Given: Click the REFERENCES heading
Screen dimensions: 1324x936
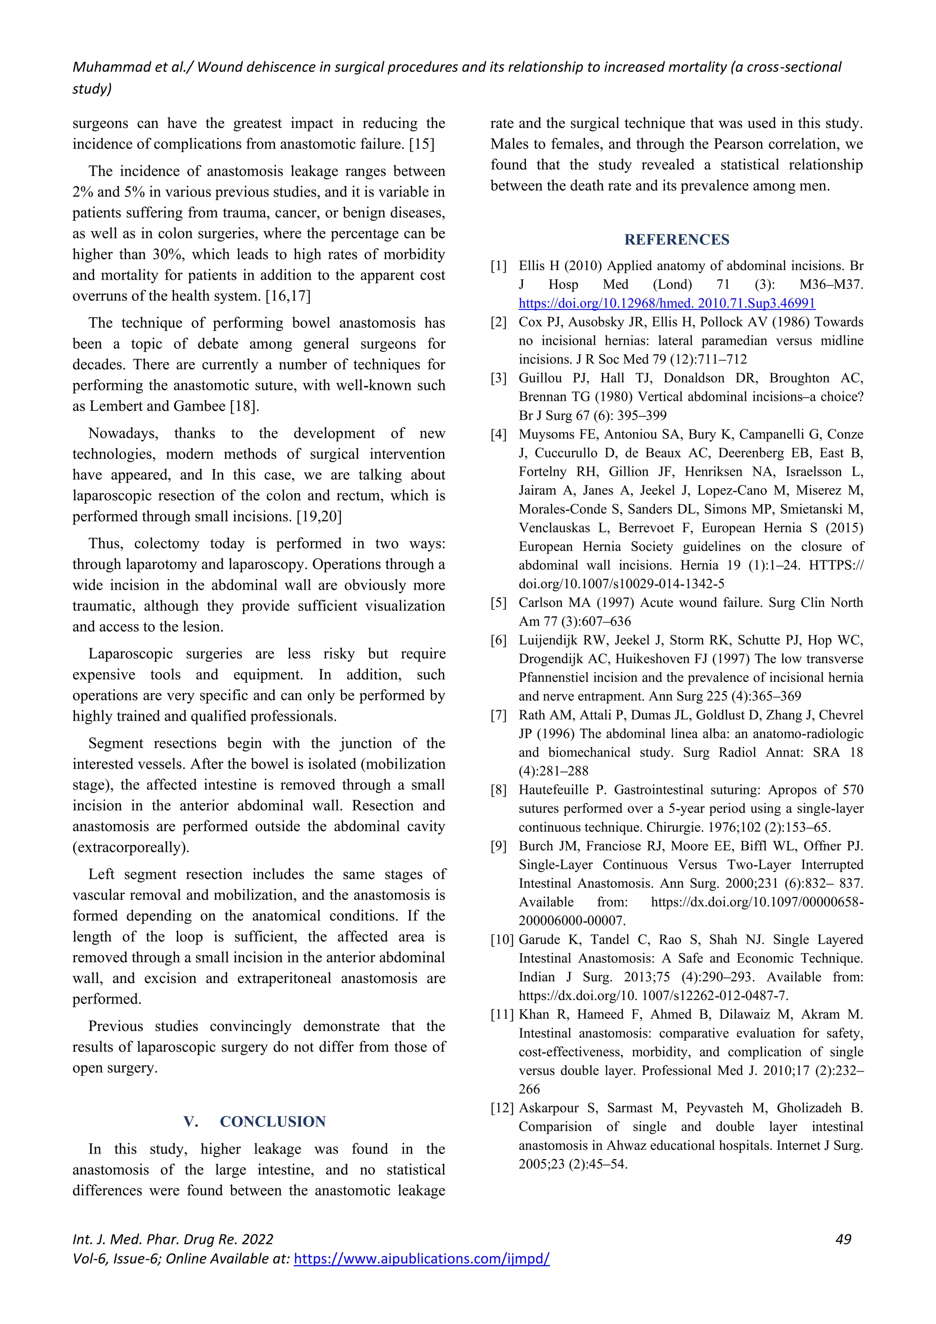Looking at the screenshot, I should point(676,239).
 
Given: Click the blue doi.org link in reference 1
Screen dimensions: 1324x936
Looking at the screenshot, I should point(667,303).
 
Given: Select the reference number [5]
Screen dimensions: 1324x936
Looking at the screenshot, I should point(499,603).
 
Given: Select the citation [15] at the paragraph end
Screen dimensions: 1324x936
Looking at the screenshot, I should point(421,144).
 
